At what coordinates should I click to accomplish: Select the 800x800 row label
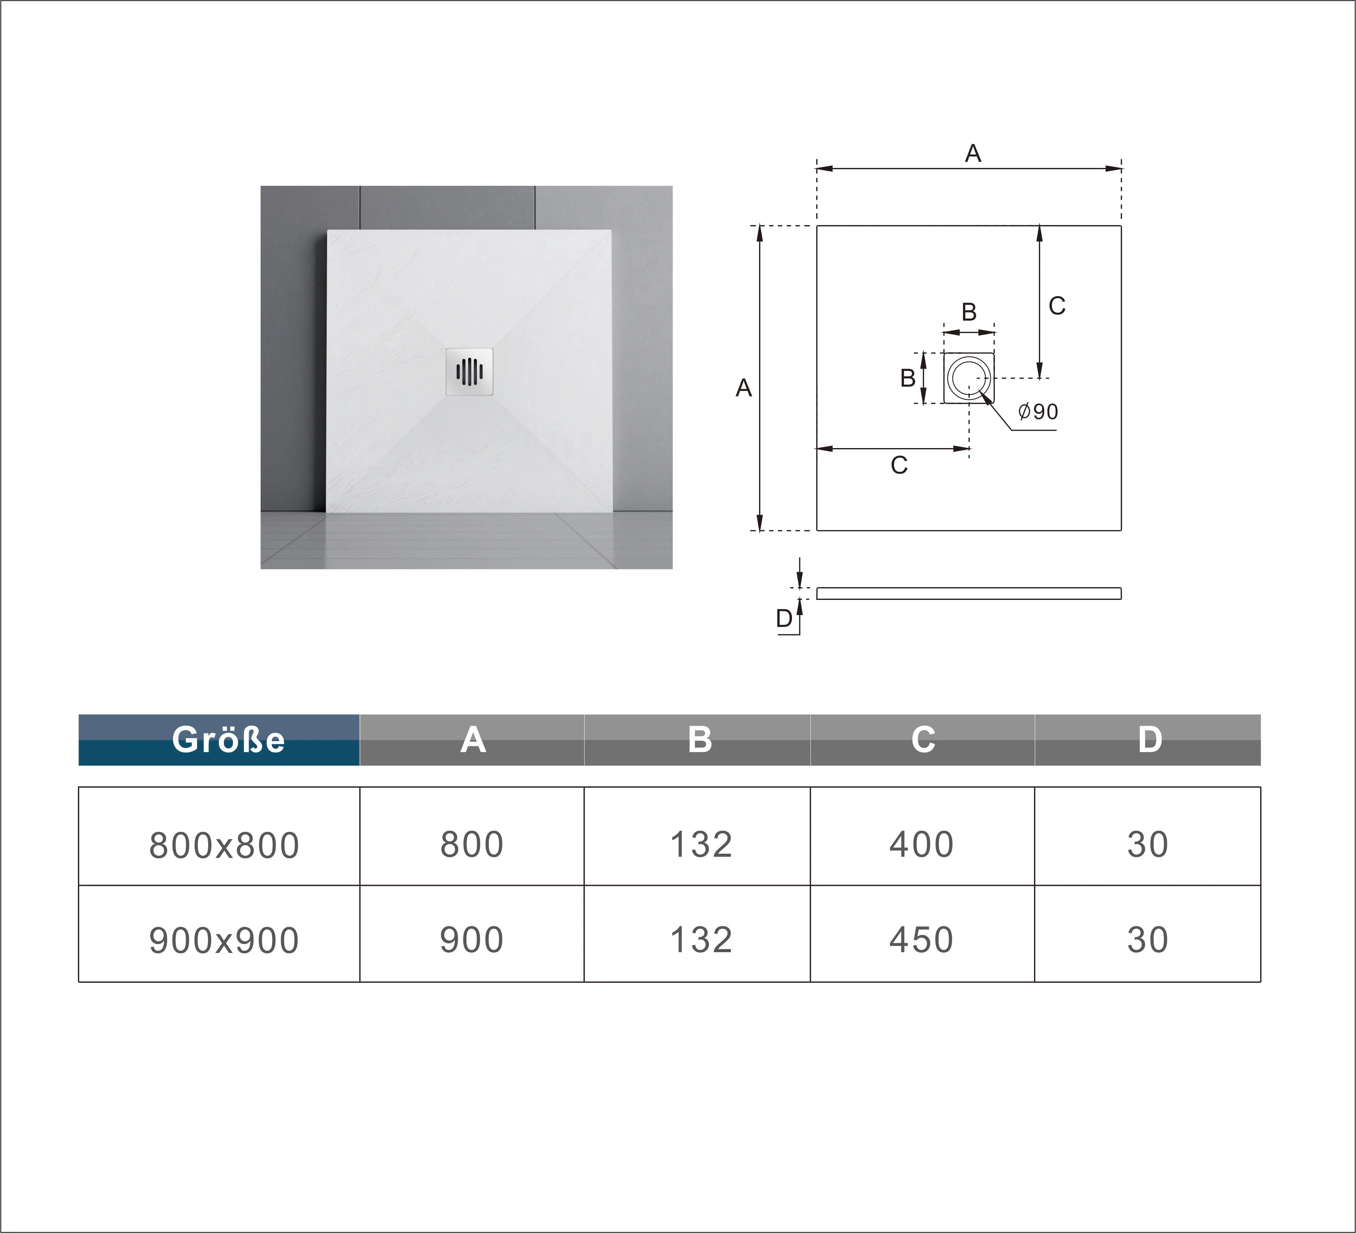click(x=224, y=845)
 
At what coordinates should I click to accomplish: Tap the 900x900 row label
click(x=224, y=940)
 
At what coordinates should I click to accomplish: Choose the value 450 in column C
click(x=922, y=939)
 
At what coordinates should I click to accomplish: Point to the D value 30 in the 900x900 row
click(x=1148, y=939)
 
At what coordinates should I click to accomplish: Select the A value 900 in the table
click(x=471, y=939)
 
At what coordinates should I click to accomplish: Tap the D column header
click(x=1149, y=740)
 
